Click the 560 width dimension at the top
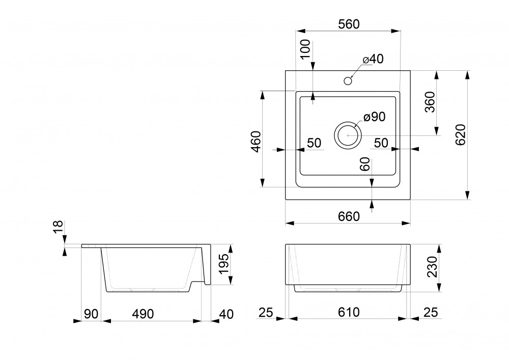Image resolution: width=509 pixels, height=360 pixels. pyautogui.click(x=349, y=24)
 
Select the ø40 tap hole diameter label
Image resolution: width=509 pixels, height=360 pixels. pyautogui.click(x=373, y=59)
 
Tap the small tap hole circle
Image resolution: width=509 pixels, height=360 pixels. pyautogui.click(x=348, y=80)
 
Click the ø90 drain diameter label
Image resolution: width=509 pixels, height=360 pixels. pyautogui.click(x=374, y=117)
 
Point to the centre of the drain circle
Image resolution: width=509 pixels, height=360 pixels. pyautogui.click(x=348, y=135)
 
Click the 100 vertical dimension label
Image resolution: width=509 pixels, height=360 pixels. pyautogui.click(x=305, y=49)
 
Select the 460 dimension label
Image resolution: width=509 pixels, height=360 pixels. pyautogui.click(x=256, y=142)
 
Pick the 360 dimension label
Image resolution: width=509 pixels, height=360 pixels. pyautogui.click(x=430, y=102)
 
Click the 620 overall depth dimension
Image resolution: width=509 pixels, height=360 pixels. pyautogui.click(x=461, y=135)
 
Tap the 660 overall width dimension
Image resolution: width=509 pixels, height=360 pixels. pyautogui.click(x=349, y=216)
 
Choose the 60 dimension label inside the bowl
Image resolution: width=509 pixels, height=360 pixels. pyautogui.click(x=365, y=164)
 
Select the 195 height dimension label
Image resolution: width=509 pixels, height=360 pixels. pyautogui.click(x=223, y=264)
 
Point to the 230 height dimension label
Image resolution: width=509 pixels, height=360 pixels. pyautogui.click(x=432, y=267)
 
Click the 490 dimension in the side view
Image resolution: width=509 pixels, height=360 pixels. pyautogui.click(x=143, y=314)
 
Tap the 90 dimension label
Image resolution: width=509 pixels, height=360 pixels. pyautogui.click(x=91, y=314)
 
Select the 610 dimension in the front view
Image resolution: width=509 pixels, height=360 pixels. pyautogui.click(x=349, y=312)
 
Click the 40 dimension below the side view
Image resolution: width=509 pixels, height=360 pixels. pyautogui.click(x=227, y=314)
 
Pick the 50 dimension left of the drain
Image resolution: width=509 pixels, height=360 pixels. pyautogui.click(x=314, y=143)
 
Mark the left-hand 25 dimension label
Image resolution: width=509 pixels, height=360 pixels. pyautogui.click(x=266, y=313)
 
